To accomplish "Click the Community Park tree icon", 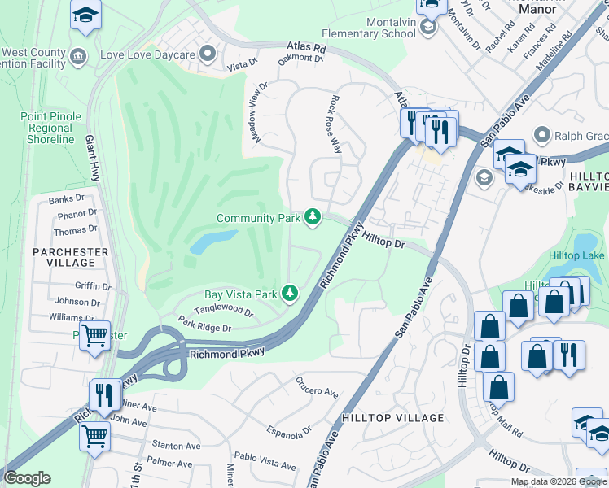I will click(312, 217).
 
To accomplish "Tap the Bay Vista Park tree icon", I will click(289, 293).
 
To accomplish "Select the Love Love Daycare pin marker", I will click(208, 55).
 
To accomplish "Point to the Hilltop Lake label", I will click(576, 255).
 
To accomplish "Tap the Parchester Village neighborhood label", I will click(69, 257).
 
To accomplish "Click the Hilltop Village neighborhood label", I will click(393, 418).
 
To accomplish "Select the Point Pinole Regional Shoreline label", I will click(50, 128).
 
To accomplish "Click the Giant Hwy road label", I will click(92, 159).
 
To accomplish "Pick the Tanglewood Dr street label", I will click(225, 311).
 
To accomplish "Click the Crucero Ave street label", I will click(317, 387).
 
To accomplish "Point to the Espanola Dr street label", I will click(289, 429).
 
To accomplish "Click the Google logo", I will click(27, 478).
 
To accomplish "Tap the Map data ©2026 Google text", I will click(559, 481).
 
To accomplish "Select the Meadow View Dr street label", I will click(259, 113).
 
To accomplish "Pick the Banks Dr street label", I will click(67, 199).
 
